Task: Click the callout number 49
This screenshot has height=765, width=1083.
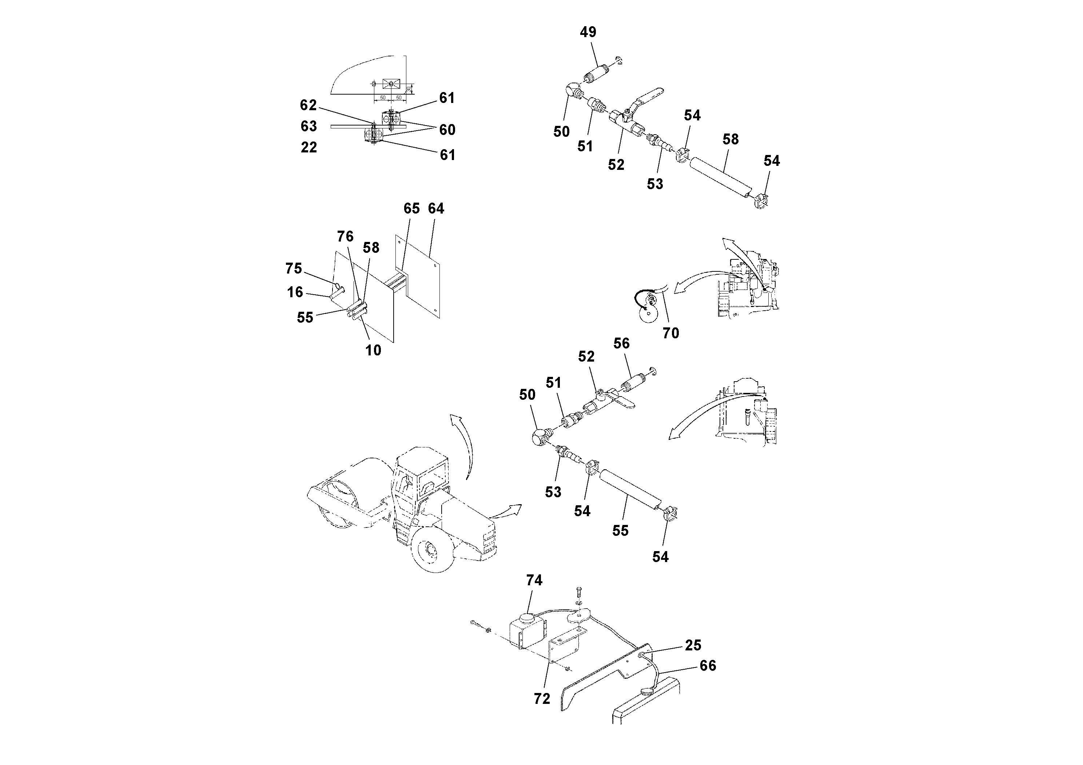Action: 588,32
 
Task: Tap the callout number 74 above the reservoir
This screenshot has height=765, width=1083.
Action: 534,580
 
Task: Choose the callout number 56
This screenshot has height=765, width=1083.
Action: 621,343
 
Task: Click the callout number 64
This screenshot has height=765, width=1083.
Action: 436,208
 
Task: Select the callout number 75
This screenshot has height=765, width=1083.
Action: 293,268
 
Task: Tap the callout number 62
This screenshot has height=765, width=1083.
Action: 308,105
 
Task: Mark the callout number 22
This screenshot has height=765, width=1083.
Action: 308,147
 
